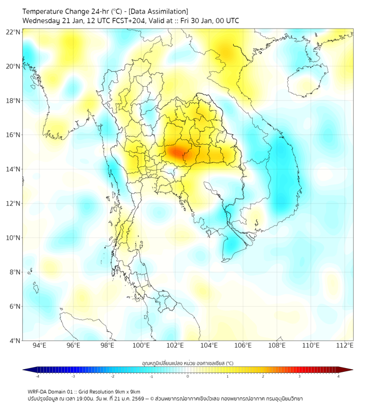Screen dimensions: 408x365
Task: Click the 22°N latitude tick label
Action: click(x=13, y=32)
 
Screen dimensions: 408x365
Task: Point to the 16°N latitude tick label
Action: click(x=13, y=135)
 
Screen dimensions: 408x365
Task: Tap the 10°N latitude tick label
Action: click(x=13, y=238)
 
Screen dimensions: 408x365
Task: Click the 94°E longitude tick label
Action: click(x=39, y=345)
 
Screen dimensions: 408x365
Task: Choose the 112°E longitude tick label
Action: click(x=345, y=345)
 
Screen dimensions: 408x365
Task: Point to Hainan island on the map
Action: click(x=307, y=81)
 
